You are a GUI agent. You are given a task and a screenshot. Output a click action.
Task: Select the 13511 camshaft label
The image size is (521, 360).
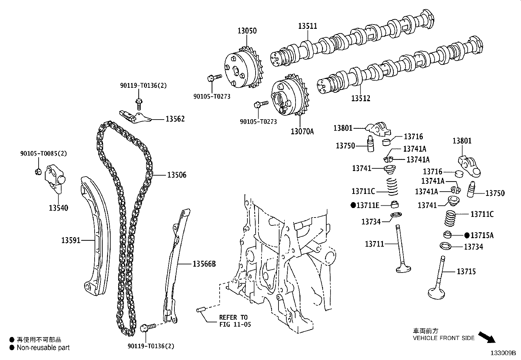[307, 26]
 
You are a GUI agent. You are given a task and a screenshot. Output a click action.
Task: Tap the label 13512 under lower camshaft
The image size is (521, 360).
[361, 98]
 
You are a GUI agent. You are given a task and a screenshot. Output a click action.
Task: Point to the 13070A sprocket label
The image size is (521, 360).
[302, 132]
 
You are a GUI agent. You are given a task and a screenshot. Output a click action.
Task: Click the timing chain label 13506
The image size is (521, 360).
[177, 175]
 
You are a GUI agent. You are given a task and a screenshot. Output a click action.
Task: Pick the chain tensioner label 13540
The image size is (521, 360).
[59, 208]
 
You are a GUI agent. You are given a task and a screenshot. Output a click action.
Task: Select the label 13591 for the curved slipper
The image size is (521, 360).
[71, 241]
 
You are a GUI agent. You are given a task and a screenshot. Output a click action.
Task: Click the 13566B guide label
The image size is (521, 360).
[204, 264]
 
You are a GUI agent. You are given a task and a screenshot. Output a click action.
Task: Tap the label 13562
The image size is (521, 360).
[175, 119]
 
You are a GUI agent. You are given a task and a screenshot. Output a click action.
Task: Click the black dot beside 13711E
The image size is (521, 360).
[353, 205]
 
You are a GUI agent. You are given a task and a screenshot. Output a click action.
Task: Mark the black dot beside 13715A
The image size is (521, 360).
[467, 235]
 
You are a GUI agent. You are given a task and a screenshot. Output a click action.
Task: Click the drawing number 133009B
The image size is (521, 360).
[503, 353]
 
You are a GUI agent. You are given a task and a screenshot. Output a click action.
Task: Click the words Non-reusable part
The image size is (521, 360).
[43, 348]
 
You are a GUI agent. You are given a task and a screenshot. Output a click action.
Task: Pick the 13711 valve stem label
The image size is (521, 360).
[374, 244]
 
